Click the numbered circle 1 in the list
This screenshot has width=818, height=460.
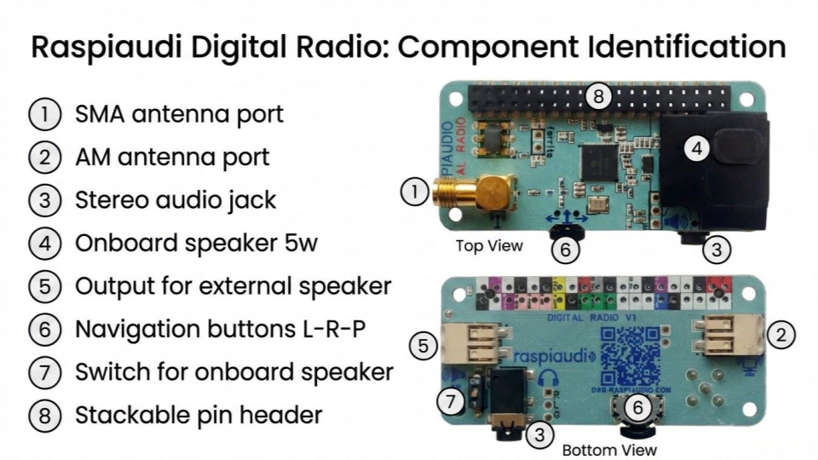[x=43, y=114]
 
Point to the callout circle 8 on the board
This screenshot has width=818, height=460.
[x=599, y=95]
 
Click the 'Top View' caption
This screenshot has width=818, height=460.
[x=489, y=246]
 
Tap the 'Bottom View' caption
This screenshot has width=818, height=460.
[x=609, y=449]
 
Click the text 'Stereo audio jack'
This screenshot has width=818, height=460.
[x=176, y=200]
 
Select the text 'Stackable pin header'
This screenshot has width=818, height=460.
[x=199, y=416]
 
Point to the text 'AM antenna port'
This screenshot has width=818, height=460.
[x=172, y=157]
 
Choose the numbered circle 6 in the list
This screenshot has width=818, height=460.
[x=43, y=329]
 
